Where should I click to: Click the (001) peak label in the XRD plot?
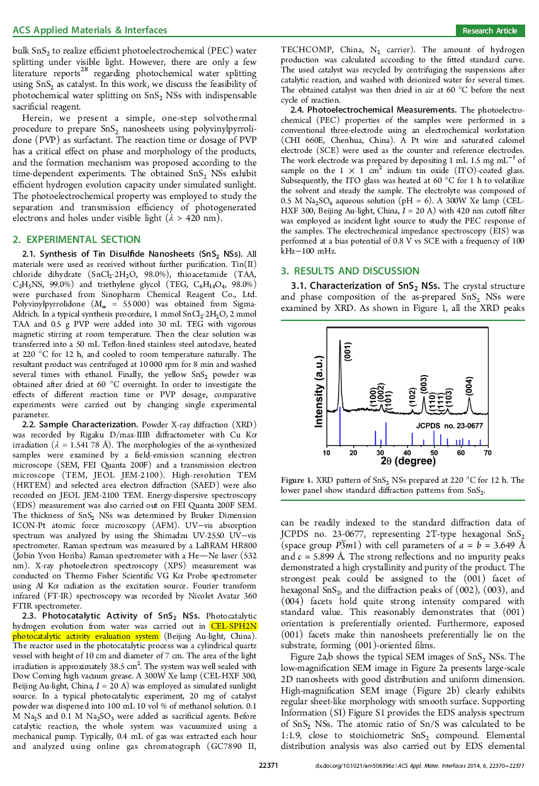(x=348, y=351)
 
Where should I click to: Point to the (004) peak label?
(x=468, y=386)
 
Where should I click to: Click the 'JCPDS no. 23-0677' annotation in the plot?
(x=450, y=426)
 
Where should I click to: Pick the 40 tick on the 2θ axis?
(x=407, y=453)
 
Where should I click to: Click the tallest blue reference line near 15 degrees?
(x=340, y=428)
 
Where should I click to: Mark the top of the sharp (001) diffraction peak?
(x=340, y=341)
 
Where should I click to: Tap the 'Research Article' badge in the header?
(x=490, y=31)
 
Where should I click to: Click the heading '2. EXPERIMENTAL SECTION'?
(x=77, y=239)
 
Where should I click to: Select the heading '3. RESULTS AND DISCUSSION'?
(x=350, y=271)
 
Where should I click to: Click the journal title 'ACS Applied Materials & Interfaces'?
(x=90, y=30)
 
